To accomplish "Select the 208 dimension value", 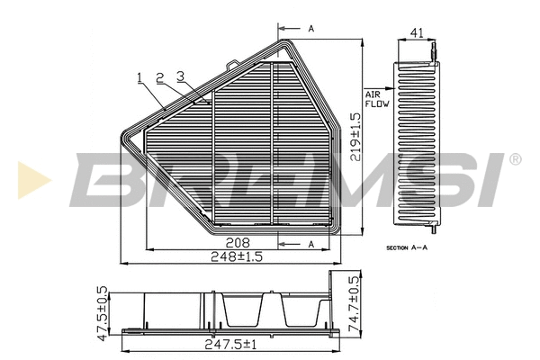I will pos(238,242).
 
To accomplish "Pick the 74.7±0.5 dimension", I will pos(355,305).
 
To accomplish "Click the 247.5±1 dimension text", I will pos(230,344).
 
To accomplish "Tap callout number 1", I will pos(140,77).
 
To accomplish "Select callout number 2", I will pos(159,77).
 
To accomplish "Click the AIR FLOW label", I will pos(375,99).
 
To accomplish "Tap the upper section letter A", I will pos(310,29).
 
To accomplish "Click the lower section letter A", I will pos(310,244).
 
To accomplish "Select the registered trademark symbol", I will pos(514,159).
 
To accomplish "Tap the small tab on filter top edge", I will pos(232,64).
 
